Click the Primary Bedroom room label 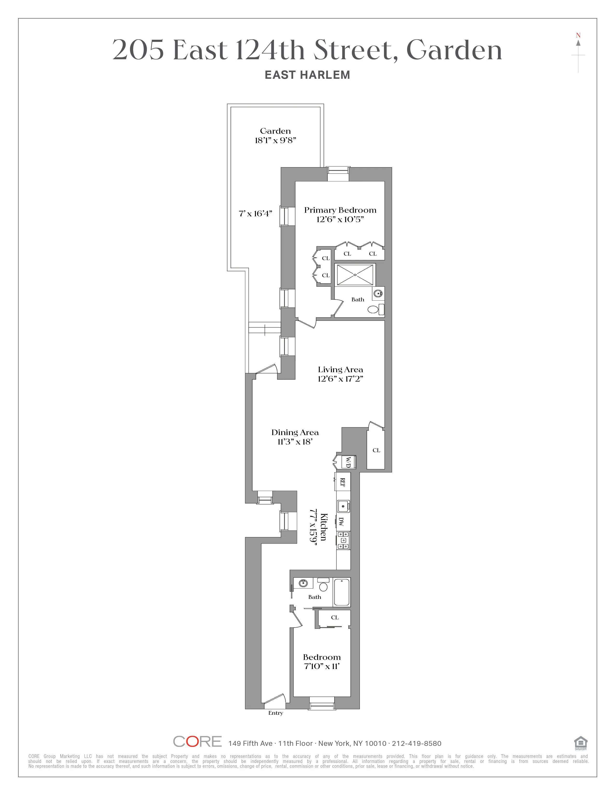[x=340, y=210]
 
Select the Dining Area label [x=295, y=432]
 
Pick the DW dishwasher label [x=341, y=522]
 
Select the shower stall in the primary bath [x=355, y=275]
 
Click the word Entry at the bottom [x=275, y=713]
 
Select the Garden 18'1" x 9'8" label [x=275, y=135]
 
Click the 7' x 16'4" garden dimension [x=255, y=214]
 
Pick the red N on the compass [x=578, y=35]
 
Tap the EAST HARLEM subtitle [x=307, y=75]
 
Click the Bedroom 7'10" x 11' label [x=322, y=661]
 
